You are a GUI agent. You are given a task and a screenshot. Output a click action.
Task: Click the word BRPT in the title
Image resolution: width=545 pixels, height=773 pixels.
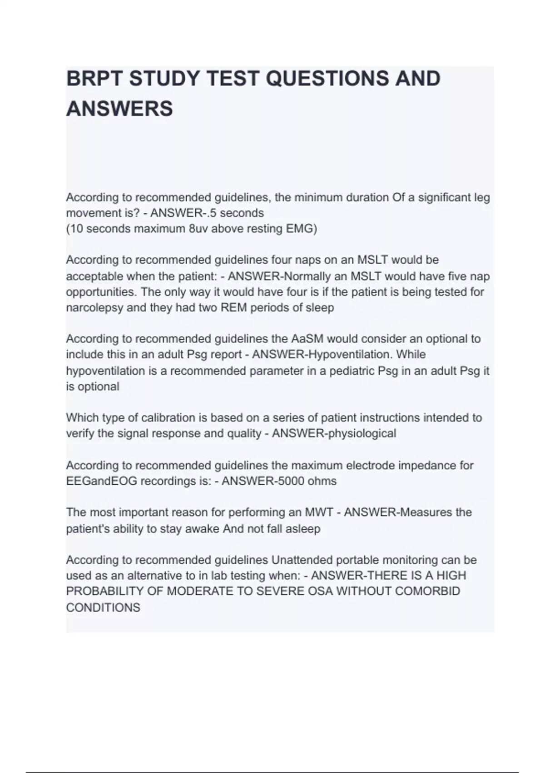pos(94,79)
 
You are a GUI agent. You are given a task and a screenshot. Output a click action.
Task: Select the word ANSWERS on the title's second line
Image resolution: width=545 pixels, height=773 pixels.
pos(119,109)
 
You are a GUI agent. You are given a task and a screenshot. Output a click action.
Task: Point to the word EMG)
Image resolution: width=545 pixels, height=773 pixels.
pos(301,229)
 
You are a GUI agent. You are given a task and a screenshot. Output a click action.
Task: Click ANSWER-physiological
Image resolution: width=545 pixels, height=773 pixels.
pos(334,434)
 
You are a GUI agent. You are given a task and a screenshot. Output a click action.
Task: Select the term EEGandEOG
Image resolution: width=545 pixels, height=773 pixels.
pos(101,481)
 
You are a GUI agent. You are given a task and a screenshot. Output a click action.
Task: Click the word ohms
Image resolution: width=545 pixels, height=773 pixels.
pos(322,481)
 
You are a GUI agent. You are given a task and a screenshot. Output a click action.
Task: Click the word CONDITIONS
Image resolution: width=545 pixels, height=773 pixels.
pos(103,607)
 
